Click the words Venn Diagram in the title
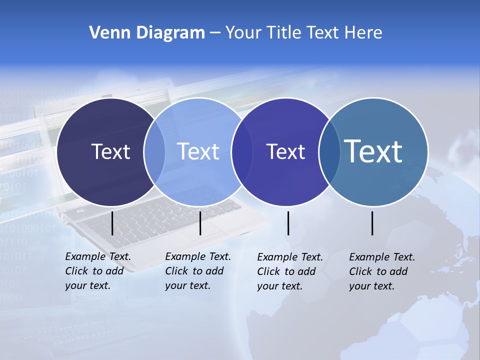[147, 33]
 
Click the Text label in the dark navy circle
[110, 151]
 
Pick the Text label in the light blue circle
[198, 151]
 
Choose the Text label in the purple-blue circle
[285, 151]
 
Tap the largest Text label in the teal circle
[373, 151]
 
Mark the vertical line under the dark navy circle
[112, 223]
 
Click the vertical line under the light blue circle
[200, 223]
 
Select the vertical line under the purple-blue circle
[288, 223]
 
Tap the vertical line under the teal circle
[372, 223]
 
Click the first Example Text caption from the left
[97, 271]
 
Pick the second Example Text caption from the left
[197, 271]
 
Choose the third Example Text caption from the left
[289, 271]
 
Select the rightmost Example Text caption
[381, 271]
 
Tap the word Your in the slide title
[244, 33]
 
